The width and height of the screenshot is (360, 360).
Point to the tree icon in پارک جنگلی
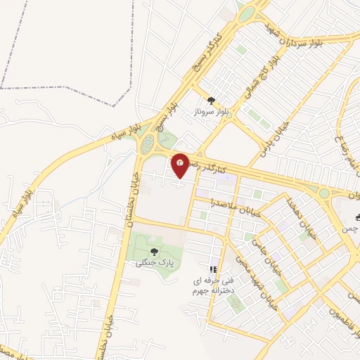pos(155,251)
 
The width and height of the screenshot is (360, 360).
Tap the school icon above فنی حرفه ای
pos(214,269)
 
